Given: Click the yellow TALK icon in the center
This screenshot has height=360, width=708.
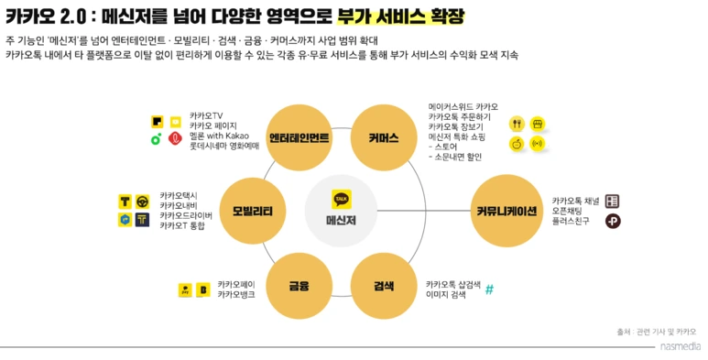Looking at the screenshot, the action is click(x=341, y=198).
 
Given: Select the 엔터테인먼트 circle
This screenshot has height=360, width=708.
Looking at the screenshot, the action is click(x=299, y=138).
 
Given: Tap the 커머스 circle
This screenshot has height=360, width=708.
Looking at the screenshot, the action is click(x=384, y=138).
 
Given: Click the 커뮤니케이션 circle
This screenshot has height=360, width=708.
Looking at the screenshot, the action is click(x=506, y=211).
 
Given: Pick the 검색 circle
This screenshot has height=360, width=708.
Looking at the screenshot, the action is click(x=384, y=285).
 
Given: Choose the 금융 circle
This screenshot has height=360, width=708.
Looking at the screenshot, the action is click(x=299, y=285).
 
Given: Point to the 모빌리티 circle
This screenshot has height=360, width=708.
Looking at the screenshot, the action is click(x=254, y=211).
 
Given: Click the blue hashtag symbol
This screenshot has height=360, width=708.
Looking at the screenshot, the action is click(x=489, y=289).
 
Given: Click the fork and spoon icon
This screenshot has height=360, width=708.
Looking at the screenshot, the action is click(x=517, y=123).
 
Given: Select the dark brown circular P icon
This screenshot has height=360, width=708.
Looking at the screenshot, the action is click(x=612, y=221).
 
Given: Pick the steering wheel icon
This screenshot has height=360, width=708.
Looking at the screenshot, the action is click(x=143, y=202).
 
